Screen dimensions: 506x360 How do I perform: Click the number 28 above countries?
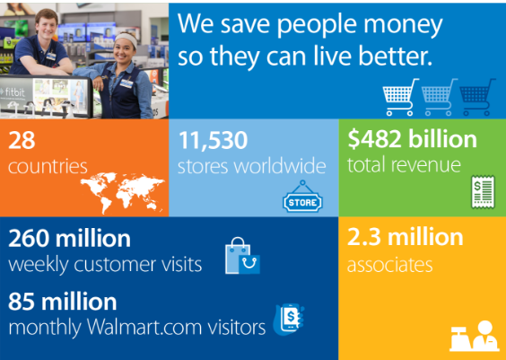click(x=22, y=140)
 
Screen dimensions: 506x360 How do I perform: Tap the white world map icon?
click(x=123, y=193)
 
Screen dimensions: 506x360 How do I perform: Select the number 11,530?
click(x=213, y=141)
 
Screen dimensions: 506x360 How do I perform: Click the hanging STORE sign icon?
click(x=302, y=197)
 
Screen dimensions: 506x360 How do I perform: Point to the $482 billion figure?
click(x=412, y=139)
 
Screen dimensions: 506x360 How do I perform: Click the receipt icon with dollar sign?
click(x=483, y=192)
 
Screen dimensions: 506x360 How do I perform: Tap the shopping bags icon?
click(x=242, y=256)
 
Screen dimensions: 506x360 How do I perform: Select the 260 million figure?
click(x=69, y=239)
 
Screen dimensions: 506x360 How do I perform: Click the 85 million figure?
click(x=62, y=302)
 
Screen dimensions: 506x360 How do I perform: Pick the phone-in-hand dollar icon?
click(x=289, y=320)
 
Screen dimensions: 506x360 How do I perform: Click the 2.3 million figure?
click(x=405, y=237)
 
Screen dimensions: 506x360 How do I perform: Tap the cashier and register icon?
click(x=474, y=337)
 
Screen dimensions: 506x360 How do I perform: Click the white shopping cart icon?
click(x=400, y=97)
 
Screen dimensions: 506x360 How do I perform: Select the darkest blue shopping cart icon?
click(x=477, y=97)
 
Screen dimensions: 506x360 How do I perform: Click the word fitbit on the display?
click(x=14, y=92)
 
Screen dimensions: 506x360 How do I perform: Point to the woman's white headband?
click(x=126, y=40)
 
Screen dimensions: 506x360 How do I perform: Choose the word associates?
click(x=390, y=265)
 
